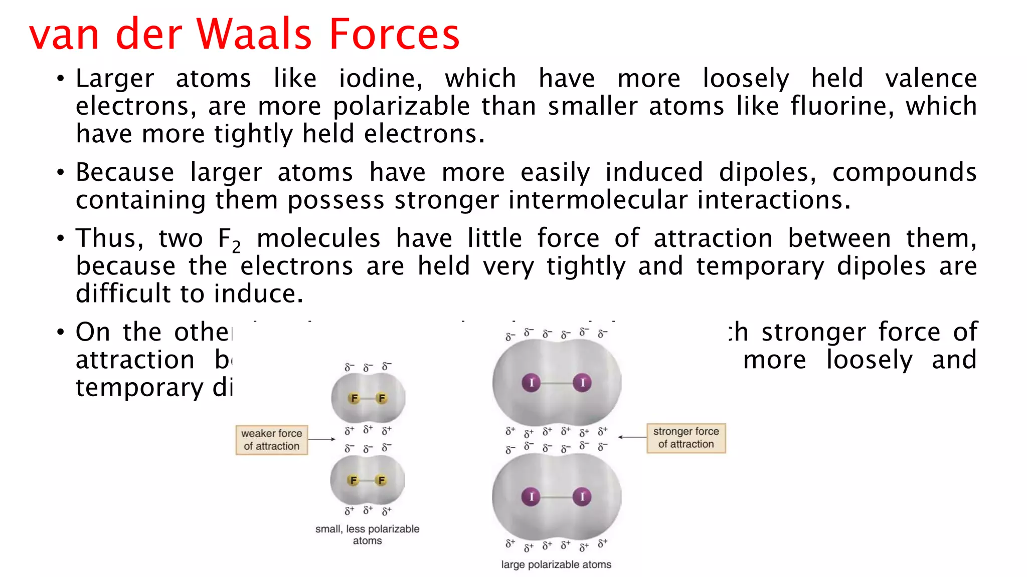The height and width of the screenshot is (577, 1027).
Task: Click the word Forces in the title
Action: pos(394,34)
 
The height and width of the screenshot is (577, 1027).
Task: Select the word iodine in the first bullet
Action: pos(380,79)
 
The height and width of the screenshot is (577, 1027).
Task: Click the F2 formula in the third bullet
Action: pos(229,240)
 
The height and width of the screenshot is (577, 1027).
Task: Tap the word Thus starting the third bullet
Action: pos(108,238)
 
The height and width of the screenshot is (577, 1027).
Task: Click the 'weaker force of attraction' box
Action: pos(271,440)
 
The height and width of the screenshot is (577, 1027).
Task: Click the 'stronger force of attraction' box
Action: pos(686,438)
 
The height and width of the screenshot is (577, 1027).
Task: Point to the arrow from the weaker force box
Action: pos(321,439)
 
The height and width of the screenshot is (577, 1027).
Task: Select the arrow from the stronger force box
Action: pos(632,437)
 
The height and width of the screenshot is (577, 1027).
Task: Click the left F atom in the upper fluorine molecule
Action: pos(355,398)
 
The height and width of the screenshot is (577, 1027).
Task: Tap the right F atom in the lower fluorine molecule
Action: pos(382,480)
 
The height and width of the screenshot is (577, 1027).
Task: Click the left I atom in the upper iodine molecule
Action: pos(531,383)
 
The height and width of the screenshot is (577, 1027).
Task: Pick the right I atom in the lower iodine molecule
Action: pos(582,497)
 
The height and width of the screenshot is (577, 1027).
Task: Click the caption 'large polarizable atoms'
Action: pos(556,564)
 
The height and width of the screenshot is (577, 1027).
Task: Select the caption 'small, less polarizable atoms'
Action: pos(367,534)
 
